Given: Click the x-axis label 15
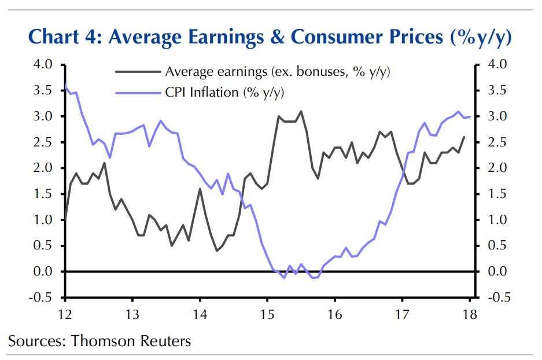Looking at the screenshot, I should (x=267, y=314).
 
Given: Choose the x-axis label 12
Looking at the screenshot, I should (x=64, y=314).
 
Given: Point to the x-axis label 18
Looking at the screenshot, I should (x=469, y=314).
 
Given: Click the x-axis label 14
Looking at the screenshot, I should (x=200, y=314).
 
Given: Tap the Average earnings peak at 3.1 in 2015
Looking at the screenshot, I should (x=301, y=111).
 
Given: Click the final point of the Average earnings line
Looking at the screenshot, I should (x=464, y=137).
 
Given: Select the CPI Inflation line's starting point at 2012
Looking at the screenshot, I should (x=65, y=86).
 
